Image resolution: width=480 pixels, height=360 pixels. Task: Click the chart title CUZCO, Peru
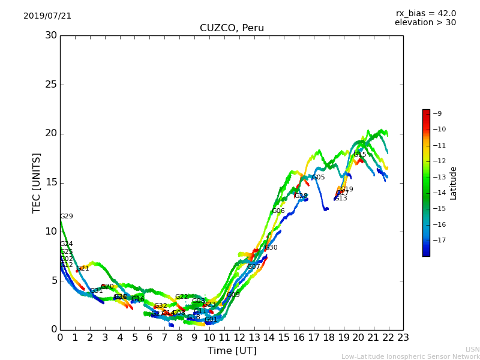tap(232, 28)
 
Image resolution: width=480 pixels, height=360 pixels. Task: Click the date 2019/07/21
tap(47, 16)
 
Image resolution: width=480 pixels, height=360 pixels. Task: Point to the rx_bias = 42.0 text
tap(425, 14)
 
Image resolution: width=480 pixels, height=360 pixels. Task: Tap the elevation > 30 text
tap(425, 23)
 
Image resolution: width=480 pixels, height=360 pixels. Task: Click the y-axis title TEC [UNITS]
tap(37, 182)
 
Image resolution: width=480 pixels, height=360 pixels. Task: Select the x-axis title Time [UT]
tap(232, 350)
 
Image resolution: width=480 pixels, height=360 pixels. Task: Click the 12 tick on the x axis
tap(239, 337)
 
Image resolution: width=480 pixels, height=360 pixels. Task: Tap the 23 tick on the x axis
tap(403, 337)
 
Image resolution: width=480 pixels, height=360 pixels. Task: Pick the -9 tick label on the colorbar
tap(437, 113)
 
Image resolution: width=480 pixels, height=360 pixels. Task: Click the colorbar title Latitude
tap(454, 183)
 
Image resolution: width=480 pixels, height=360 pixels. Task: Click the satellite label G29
tap(66, 217)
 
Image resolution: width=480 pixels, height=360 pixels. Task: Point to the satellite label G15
tap(359, 154)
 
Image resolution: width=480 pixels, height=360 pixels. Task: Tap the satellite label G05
tap(318, 178)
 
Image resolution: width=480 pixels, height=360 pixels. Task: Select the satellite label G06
tap(278, 211)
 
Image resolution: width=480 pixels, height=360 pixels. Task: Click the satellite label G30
tap(271, 248)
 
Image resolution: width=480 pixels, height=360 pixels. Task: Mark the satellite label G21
tap(83, 269)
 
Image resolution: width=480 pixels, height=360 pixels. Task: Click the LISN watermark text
tap(472, 349)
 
